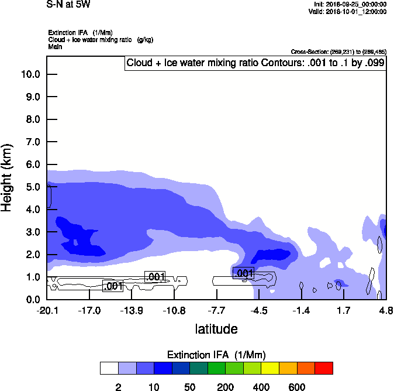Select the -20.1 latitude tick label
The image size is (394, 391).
(x=47, y=310)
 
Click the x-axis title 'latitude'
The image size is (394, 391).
(x=216, y=329)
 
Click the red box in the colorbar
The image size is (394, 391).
(x=324, y=368)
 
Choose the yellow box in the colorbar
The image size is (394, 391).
(x=269, y=368)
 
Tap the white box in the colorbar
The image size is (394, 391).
(x=109, y=368)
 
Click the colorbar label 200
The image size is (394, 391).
(x=225, y=387)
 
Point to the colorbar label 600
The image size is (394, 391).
(x=297, y=387)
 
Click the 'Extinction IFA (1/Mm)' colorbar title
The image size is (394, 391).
(x=216, y=355)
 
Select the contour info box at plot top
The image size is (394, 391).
(x=255, y=63)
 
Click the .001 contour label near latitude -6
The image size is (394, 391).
(x=243, y=273)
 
